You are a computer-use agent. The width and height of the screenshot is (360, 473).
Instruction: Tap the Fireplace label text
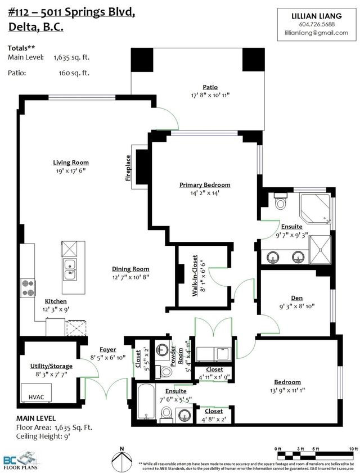(128, 168)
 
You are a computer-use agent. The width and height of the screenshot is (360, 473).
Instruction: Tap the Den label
(297, 298)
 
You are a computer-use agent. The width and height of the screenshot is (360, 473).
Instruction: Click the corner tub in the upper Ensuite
(315, 206)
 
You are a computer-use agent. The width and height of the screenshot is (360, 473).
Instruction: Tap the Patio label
(210, 87)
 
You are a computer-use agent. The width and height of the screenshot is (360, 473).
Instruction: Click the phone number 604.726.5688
(317, 24)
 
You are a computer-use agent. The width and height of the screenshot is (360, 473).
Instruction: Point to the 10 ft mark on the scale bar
(353, 448)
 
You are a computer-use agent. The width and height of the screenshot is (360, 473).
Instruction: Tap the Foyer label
(108, 349)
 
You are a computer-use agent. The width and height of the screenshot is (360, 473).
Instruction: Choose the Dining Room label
(130, 269)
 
